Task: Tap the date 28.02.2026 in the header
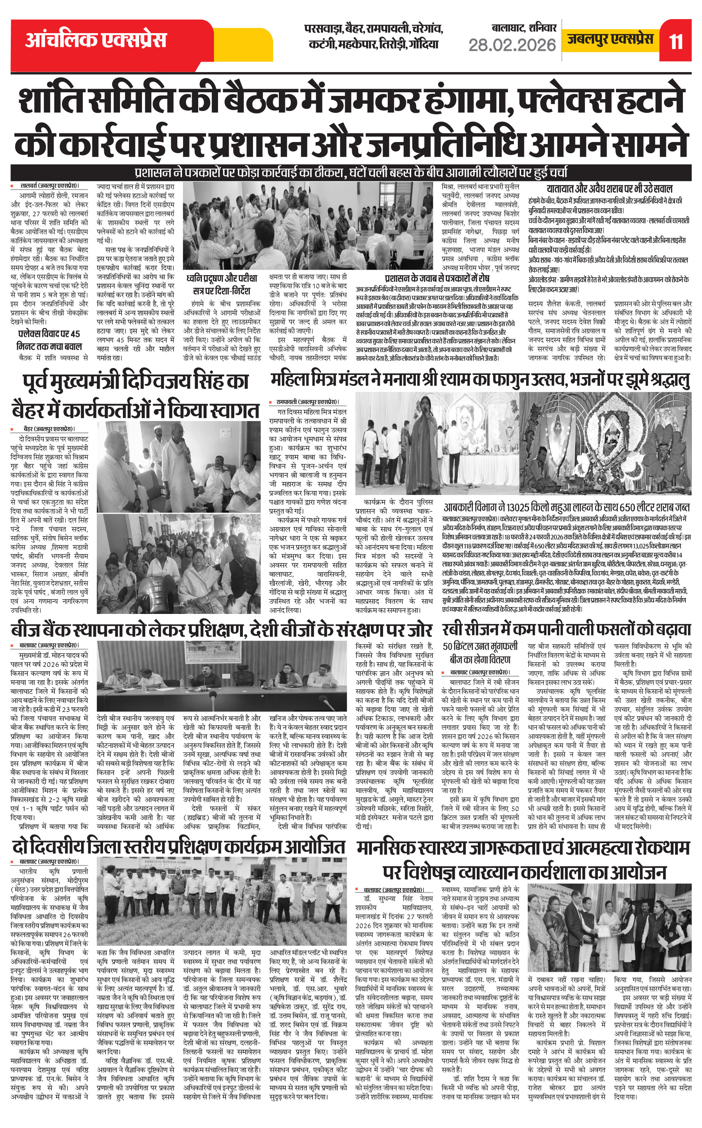[512, 45]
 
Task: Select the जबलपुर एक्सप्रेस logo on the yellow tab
[610, 39]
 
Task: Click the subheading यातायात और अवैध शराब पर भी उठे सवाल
[609, 189]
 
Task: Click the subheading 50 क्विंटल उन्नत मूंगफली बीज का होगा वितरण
[480, 653]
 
